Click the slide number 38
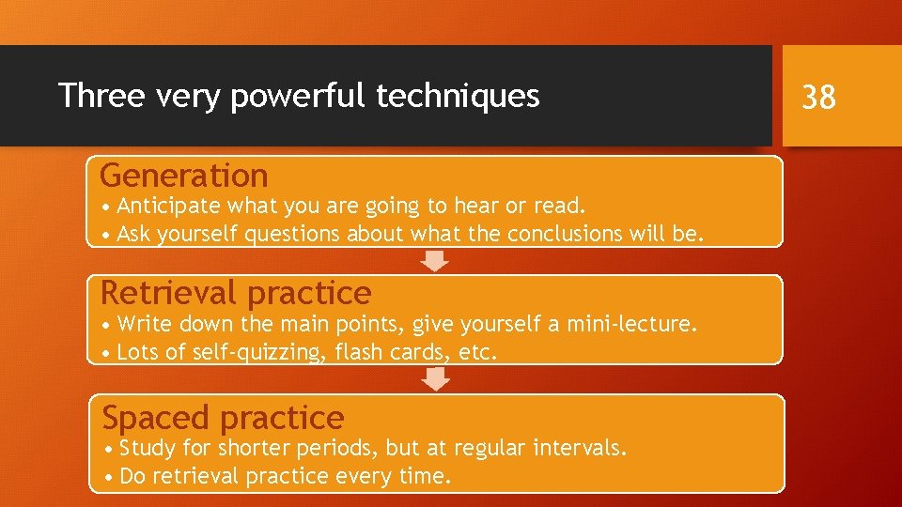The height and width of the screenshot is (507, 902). (818, 97)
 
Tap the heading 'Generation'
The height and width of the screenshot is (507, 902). (184, 176)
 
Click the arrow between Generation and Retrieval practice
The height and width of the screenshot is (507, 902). (435, 260)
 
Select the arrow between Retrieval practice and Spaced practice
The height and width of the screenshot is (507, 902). (435, 378)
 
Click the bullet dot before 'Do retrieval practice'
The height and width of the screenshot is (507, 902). (111, 477)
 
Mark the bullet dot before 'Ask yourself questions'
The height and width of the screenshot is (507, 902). (108, 234)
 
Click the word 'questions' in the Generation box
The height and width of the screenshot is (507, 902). (293, 234)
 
